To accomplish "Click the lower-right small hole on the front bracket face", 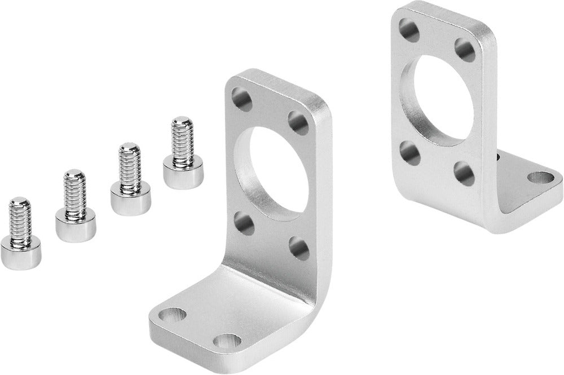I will tap(298, 248).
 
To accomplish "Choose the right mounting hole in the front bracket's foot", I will tap(226, 341).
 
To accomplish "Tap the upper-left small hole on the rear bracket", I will tap(408, 27).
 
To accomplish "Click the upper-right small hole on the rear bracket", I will tap(466, 49).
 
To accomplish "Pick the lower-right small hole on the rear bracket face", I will tap(466, 173).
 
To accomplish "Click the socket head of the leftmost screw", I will tap(21, 254).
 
